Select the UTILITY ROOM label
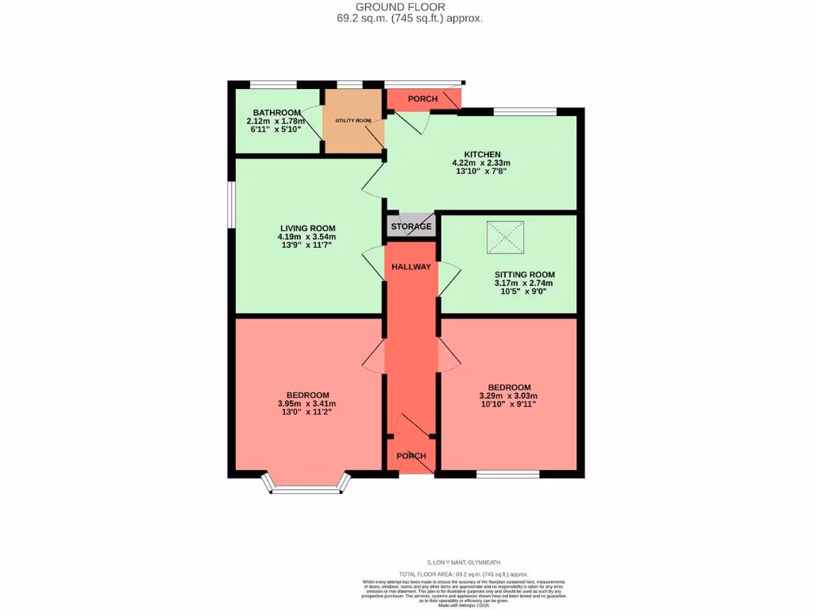click(353, 121)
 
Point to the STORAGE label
click(411, 226)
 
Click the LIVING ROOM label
click(306, 227)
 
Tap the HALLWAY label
click(411, 267)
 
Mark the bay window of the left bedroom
click(306, 486)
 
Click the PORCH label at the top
click(422, 99)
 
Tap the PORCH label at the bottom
click(411, 456)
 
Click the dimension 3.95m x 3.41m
click(306, 404)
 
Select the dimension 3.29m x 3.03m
click(509, 396)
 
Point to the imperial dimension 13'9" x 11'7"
click(306, 245)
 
